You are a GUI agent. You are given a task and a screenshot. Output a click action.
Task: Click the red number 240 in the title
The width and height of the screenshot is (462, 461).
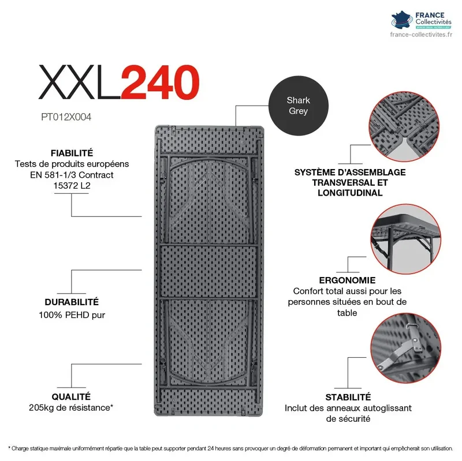pyautogui.click(x=160, y=82)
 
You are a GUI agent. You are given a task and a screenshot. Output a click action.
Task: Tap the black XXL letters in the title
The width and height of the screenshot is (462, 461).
pyautogui.click(x=80, y=82)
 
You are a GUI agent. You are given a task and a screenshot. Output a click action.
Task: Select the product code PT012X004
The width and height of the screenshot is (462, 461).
pyautogui.click(x=66, y=117)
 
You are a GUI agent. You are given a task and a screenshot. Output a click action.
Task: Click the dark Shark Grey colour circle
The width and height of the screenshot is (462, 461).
pyautogui.click(x=298, y=106)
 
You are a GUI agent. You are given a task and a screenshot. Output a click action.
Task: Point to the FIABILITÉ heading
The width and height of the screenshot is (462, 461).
pyautogui.click(x=72, y=153)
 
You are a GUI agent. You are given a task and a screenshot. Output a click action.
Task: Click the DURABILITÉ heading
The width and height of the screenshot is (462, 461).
pyautogui.click(x=72, y=302)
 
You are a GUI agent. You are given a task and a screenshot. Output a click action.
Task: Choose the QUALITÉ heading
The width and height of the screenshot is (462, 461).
pyautogui.click(x=71, y=396)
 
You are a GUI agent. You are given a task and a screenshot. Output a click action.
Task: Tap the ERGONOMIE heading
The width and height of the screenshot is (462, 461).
pyautogui.click(x=347, y=280)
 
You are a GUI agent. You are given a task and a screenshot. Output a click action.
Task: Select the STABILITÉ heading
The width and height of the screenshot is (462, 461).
pyautogui.click(x=348, y=397)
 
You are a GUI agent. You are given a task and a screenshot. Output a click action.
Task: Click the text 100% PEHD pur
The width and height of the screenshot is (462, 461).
pyautogui.click(x=72, y=315)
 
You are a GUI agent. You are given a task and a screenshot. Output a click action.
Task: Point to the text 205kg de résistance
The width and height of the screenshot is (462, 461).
pyautogui.click(x=70, y=408)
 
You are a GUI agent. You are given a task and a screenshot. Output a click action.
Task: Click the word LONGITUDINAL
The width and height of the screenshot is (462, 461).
pyautogui.click(x=350, y=193)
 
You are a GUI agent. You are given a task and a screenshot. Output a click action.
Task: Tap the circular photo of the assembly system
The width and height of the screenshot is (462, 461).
pyautogui.click(x=404, y=126)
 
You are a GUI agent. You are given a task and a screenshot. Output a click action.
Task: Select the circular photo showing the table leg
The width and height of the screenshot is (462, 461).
pyautogui.click(x=406, y=239)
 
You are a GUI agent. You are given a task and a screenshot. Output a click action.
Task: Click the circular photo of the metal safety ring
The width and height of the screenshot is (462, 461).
pyautogui.click(x=406, y=348)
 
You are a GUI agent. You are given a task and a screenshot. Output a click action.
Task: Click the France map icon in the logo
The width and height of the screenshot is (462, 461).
pyautogui.click(x=402, y=20)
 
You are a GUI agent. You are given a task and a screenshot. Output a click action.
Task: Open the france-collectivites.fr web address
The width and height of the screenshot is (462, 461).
pyautogui.click(x=421, y=35)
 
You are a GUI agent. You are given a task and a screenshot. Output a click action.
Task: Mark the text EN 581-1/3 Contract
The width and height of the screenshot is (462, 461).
pyautogui.click(x=72, y=175)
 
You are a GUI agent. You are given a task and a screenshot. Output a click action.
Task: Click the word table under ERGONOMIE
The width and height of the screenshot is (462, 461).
pyautogui.click(x=347, y=313)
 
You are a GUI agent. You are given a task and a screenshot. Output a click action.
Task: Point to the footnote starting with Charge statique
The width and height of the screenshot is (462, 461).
pyautogui.click(x=230, y=448)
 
